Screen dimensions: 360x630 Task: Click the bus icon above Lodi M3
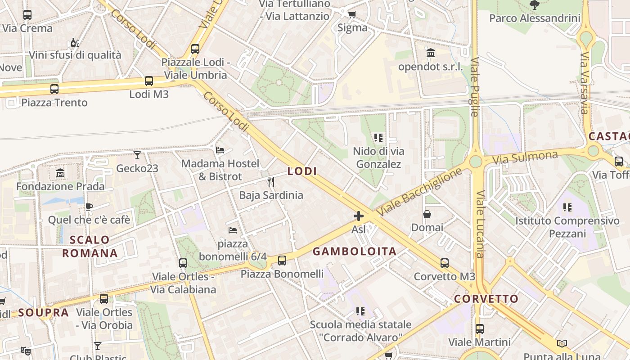[149, 81]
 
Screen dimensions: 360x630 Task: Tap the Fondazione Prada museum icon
[60, 173]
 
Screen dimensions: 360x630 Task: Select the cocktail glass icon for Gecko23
[137, 155]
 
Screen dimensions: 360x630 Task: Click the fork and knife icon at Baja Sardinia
[271, 182]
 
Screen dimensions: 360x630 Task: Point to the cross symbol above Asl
[359, 216]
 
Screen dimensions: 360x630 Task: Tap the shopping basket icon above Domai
[427, 214]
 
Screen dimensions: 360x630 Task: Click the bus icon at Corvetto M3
[445, 263]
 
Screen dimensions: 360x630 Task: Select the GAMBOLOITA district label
[355, 252]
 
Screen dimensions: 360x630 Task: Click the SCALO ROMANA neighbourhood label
[90, 247]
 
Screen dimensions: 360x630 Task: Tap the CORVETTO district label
[486, 299]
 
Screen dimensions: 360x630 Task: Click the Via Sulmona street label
[525, 157]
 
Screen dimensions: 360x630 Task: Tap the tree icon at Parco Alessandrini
[535, 5]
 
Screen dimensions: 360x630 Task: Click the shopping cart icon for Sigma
[352, 14]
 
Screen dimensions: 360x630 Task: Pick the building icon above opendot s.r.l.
[431, 53]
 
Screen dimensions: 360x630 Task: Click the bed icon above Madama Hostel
[220, 150]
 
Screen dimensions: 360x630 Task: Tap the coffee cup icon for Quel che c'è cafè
[89, 207]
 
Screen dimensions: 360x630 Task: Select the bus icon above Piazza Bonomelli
[282, 260]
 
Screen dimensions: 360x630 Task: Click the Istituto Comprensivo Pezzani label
[567, 227]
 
